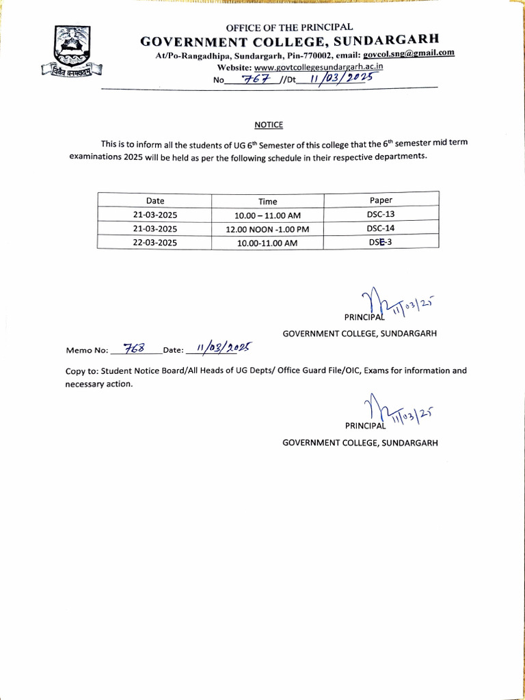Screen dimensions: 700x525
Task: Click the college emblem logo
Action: click(70, 51)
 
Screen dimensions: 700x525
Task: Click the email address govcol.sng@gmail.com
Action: click(409, 53)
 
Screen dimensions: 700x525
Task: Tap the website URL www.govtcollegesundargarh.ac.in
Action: click(319, 67)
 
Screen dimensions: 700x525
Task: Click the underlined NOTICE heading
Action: click(268, 125)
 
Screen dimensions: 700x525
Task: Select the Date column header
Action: click(155, 200)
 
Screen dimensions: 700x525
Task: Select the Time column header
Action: click(268, 201)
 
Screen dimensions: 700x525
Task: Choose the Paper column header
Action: click(381, 200)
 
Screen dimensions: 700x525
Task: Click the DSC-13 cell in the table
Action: click(381, 214)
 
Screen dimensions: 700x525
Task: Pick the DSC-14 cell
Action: click(381, 228)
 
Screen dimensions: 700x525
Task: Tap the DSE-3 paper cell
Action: click(381, 241)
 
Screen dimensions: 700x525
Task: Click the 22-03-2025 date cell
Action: click(155, 242)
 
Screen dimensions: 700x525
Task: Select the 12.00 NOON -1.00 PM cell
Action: click(268, 229)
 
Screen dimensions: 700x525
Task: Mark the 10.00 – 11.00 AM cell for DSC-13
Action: click(268, 215)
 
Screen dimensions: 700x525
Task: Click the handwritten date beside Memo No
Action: click(220, 348)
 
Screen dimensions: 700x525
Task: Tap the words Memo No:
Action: click(87, 350)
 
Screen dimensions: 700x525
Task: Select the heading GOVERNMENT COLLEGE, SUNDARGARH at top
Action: click(289, 40)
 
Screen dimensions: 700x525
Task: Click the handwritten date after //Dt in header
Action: click(339, 78)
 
